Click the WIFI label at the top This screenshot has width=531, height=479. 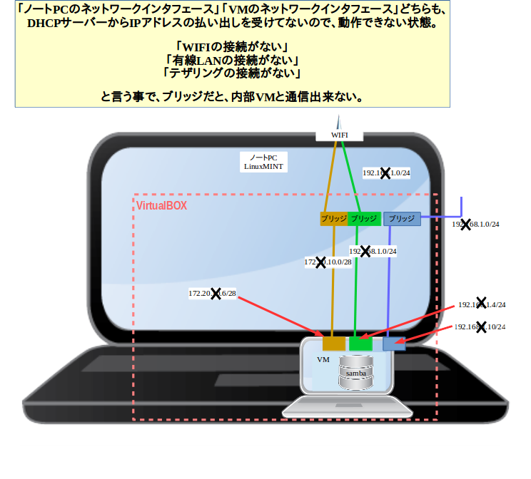click(x=339, y=135)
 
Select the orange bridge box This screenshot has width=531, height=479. click(x=334, y=219)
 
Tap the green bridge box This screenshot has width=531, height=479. click(x=364, y=219)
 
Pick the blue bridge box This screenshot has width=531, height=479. click(x=402, y=219)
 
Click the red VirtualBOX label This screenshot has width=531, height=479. click(x=161, y=205)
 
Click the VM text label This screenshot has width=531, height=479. click(x=323, y=361)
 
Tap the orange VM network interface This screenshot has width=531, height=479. click(x=333, y=344)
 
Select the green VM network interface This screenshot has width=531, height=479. click(x=360, y=344)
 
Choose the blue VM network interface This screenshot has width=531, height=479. click(x=393, y=344)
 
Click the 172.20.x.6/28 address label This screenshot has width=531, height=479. click(x=212, y=293)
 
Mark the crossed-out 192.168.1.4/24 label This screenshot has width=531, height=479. click(x=482, y=304)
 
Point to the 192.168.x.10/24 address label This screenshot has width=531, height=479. click(x=480, y=327)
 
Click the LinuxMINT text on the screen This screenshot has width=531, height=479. click(x=263, y=166)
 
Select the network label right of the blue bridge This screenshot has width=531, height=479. click(x=475, y=225)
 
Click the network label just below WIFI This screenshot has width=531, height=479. click(x=386, y=173)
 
